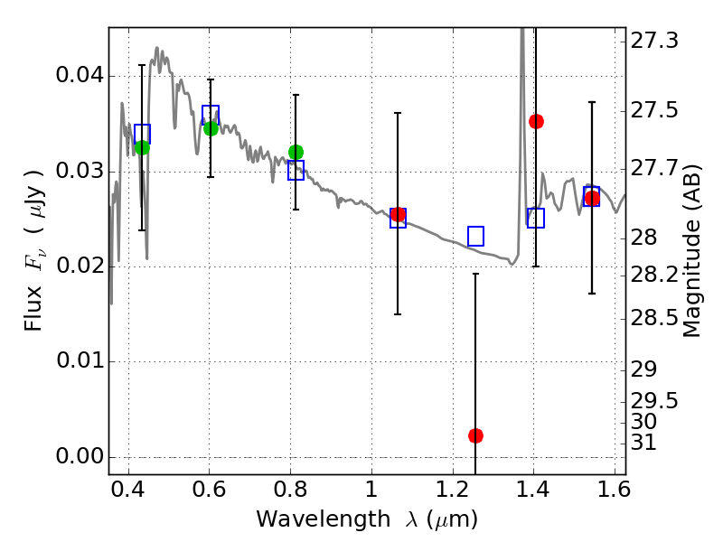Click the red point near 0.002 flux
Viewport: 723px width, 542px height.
click(x=475, y=435)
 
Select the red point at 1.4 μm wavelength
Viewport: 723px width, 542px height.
click(x=536, y=121)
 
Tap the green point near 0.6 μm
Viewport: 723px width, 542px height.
click(x=211, y=128)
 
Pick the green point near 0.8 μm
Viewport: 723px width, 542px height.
click(x=296, y=152)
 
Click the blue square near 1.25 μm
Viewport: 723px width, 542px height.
click(x=475, y=236)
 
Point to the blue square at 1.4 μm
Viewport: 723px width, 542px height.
click(x=536, y=218)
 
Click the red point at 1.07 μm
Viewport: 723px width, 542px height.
click(x=398, y=215)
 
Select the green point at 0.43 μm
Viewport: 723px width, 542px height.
click(x=142, y=147)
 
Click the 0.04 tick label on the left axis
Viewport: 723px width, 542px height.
click(x=78, y=76)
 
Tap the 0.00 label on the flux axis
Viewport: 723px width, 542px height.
click(x=78, y=457)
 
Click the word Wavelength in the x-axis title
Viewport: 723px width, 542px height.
click(x=308, y=519)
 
